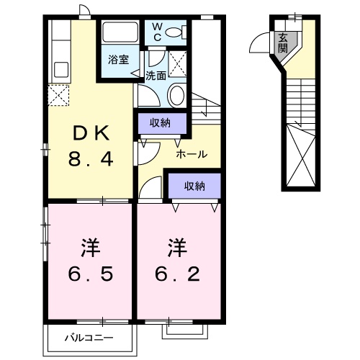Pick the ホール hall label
(192, 154)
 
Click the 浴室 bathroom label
(119, 60)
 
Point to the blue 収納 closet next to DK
(160, 123)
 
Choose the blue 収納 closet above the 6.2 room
(194, 186)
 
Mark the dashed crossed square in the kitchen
(58, 94)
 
